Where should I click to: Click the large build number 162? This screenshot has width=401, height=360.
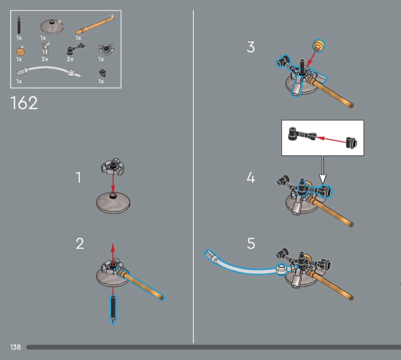click(24, 103)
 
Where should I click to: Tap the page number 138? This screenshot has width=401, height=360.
click(15, 347)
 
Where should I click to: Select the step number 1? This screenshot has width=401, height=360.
click(79, 177)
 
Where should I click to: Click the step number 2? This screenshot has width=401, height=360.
click(80, 243)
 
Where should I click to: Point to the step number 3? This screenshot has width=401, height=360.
click(251, 47)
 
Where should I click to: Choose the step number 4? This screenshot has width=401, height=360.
click(251, 177)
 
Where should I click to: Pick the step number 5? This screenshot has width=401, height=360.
click(251, 243)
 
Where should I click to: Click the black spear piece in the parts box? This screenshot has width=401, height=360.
click(19, 24)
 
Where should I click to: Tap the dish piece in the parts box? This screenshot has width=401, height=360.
click(52, 26)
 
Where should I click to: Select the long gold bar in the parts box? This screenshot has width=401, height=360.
click(95, 25)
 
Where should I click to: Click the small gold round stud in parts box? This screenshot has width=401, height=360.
click(21, 51)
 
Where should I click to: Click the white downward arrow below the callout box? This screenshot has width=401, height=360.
click(323, 169)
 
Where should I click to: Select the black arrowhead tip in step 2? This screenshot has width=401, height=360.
click(113, 320)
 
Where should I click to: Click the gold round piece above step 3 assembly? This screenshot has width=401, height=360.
click(319, 46)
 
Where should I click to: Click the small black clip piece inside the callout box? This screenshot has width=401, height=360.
click(352, 143)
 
